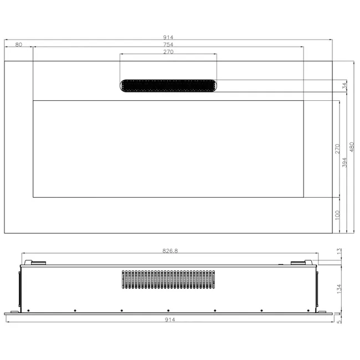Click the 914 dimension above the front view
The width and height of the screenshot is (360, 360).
point(168,37)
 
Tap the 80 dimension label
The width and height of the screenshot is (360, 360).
point(19,44)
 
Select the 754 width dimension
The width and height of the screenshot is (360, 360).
point(168,44)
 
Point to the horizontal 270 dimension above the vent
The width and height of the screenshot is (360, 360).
point(168,52)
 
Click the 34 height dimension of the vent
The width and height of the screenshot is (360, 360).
point(344,86)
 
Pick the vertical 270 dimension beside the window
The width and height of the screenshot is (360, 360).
point(337,149)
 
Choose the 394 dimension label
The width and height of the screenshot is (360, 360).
point(344,162)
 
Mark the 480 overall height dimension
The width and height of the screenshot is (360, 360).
point(352,147)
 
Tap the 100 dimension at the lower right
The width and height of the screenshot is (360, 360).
point(337,215)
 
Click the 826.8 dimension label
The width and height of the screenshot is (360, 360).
point(170,251)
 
